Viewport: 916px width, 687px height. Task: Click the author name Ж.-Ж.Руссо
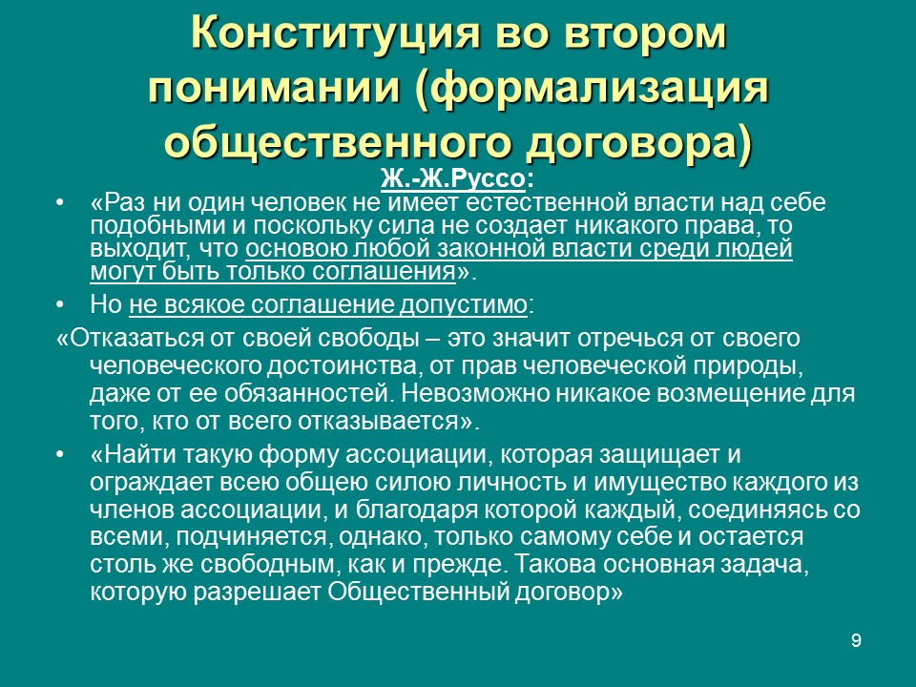pos(451,178)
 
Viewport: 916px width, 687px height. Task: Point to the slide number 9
pos(856,640)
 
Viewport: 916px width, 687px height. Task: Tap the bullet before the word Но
pos(62,305)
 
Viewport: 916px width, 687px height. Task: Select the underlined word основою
pos(288,249)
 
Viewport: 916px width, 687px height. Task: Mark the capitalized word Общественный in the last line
pos(408,592)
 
